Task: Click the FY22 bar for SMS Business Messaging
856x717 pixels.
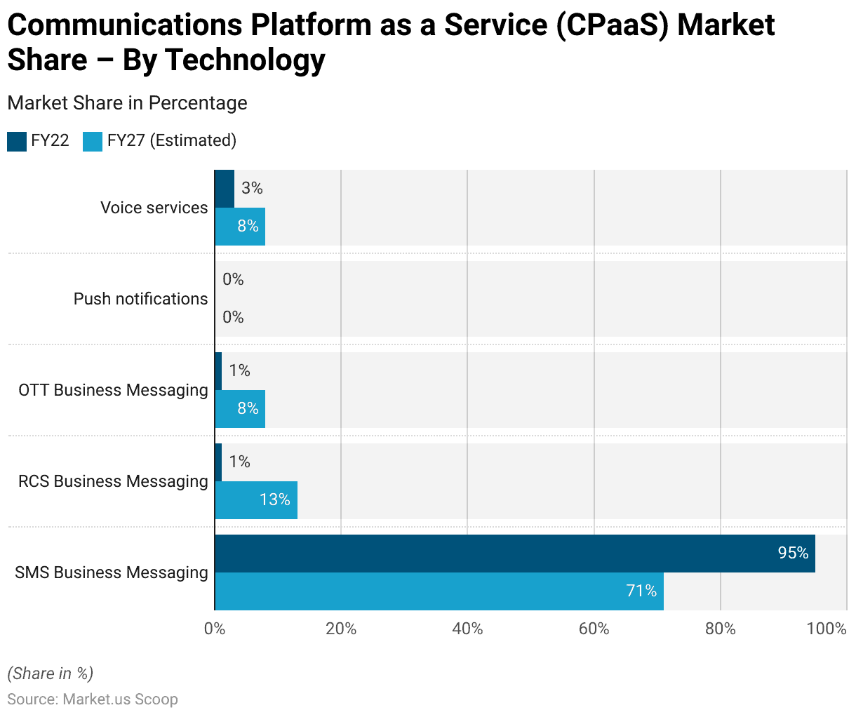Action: pyautogui.click(x=514, y=554)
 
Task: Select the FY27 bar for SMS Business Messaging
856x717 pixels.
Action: pyautogui.click(x=439, y=591)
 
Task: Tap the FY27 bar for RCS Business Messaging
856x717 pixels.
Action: pyautogui.click(x=255, y=500)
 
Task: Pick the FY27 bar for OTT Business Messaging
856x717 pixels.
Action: pyautogui.click(x=240, y=409)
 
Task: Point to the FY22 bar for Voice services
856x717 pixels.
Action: pyautogui.click(x=225, y=189)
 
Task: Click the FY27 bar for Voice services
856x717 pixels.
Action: pyautogui.click(x=240, y=227)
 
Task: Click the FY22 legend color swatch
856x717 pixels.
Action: pyautogui.click(x=17, y=141)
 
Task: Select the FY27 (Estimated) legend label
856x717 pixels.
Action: pyautogui.click(x=172, y=140)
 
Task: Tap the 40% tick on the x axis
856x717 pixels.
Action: pyautogui.click(x=467, y=629)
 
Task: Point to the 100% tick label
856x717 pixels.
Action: pyautogui.click(x=827, y=629)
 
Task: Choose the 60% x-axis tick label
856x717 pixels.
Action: pyautogui.click(x=594, y=629)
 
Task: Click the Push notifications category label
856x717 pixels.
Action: pyautogui.click(x=140, y=299)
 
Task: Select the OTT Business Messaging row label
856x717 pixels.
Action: pyautogui.click(x=113, y=390)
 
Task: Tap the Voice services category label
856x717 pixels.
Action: pyautogui.click(x=154, y=208)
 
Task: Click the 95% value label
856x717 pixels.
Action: pyautogui.click(x=793, y=553)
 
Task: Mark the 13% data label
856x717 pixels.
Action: pyautogui.click(x=274, y=500)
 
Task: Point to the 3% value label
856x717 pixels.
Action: pyautogui.click(x=252, y=188)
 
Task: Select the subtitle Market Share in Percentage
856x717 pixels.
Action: pyautogui.click(x=127, y=103)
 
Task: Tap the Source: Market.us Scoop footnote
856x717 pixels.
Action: pyautogui.click(x=93, y=699)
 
